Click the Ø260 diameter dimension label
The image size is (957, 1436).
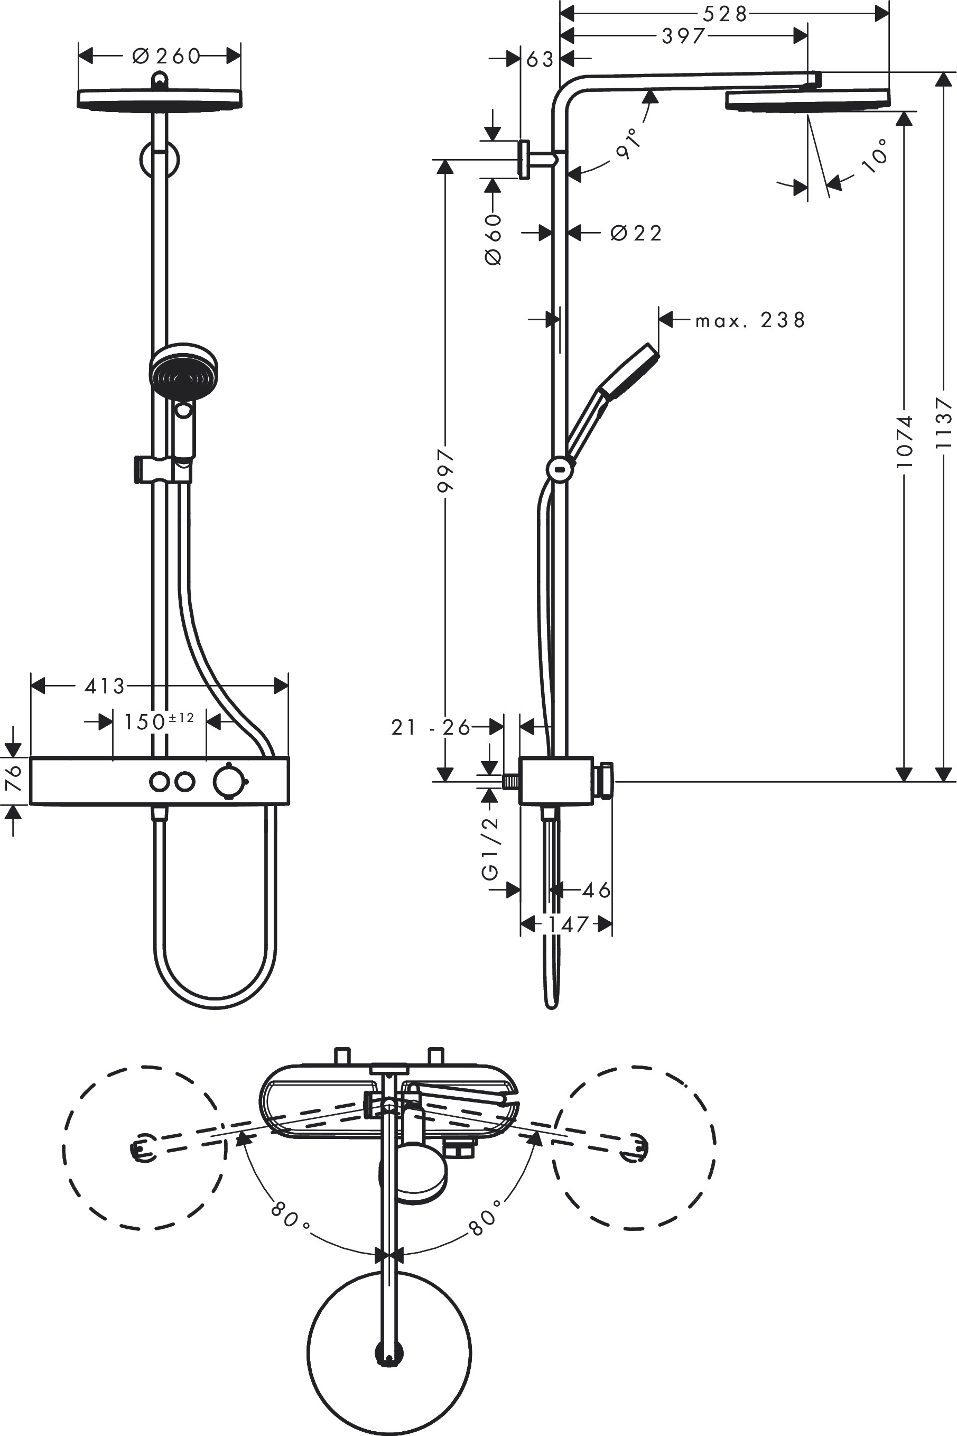click(x=166, y=56)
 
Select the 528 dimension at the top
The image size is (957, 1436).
click(x=724, y=13)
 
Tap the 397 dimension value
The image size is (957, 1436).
click(x=684, y=36)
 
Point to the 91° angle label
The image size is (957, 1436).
click(x=629, y=143)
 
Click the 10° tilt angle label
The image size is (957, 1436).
click(x=876, y=155)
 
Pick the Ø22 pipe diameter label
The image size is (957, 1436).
click(x=636, y=233)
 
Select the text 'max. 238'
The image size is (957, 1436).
click(x=750, y=320)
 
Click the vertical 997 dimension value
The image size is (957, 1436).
click(x=446, y=470)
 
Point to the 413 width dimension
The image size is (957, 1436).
click(x=105, y=686)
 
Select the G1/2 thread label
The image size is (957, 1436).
click(x=491, y=848)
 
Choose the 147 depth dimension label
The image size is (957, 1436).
click(x=567, y=924)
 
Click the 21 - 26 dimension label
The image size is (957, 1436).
click(x=430, y=727)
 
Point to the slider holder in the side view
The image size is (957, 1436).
click(x=560, y=469)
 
